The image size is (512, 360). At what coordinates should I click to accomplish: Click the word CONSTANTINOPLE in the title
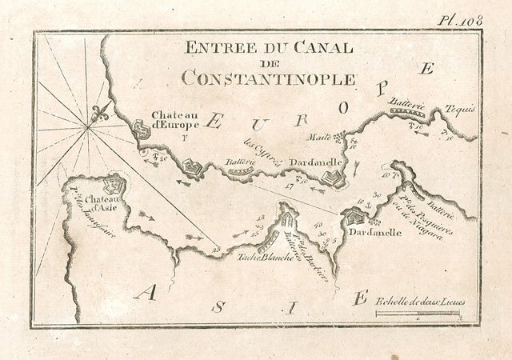click(x=267, y=78)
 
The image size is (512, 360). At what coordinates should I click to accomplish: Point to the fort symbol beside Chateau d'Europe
click(x=141, y=127)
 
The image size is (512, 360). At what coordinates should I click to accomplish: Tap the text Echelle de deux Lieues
click(x=420, y=302)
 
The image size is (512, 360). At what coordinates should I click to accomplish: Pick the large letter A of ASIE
click(x=146, y=294)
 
